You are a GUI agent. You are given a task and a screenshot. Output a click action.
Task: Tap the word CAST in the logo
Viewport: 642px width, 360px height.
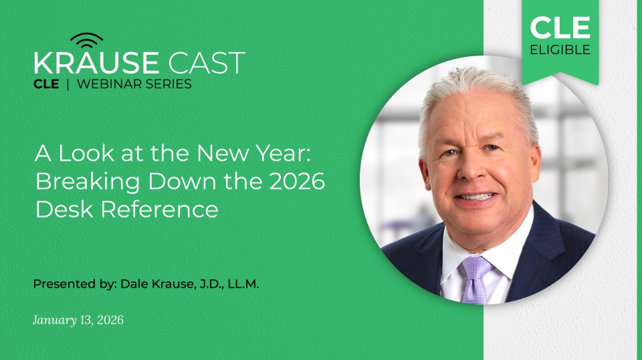[207, 64]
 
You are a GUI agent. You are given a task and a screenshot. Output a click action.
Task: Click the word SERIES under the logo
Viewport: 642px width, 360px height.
[169, 84]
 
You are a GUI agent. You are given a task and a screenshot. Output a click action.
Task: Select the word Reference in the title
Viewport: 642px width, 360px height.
[160, 209]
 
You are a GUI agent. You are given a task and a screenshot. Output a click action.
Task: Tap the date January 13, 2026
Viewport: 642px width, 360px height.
[78, 320]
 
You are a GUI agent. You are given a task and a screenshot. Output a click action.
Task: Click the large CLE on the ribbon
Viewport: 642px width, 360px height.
[560, 28]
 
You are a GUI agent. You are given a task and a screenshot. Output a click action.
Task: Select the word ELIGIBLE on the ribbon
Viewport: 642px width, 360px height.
[560, 50]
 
